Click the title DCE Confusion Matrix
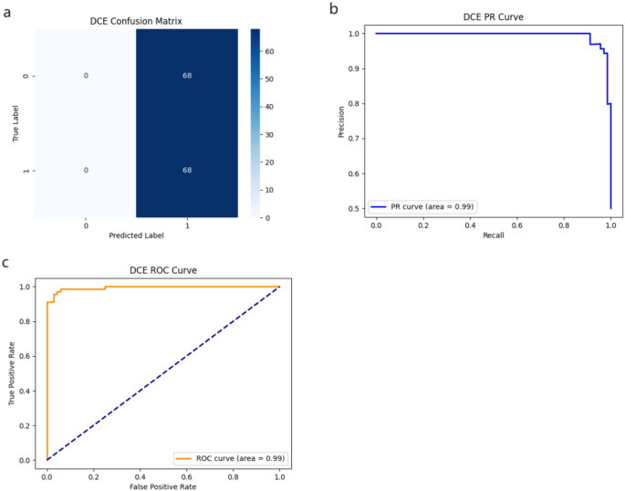point(136,20)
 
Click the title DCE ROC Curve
point(162,271)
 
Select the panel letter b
point(333,8)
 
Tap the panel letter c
point(6,262)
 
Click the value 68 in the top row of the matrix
point(186,76)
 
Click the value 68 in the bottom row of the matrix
point(186,171)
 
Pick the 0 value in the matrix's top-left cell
point(86,76)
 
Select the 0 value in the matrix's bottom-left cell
point(86,171)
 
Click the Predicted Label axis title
point(136,236)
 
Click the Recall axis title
point(493,235)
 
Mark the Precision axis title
point(339,120)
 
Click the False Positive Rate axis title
point(162,487)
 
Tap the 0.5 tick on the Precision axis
point(356,208)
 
